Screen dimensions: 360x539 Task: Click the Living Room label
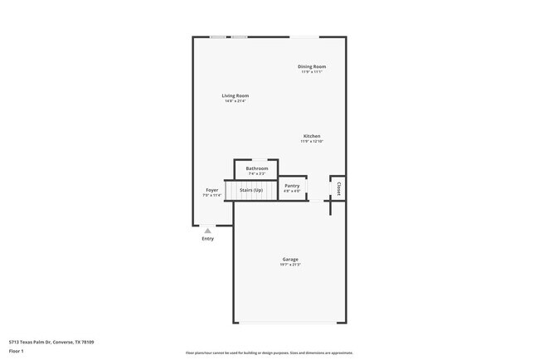click(236, 95)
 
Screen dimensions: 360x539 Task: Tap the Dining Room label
click(312, 66)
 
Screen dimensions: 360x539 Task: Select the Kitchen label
click(312, 136)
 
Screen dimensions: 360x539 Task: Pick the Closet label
click(338, 188)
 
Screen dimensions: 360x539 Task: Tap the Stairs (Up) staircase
click(251, 191)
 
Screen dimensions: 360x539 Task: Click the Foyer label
click(212, 190)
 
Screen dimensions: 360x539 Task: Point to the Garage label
click(289, 260)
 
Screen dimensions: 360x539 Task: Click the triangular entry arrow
click(207, 231)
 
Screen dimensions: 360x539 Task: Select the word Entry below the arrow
click(207, 239)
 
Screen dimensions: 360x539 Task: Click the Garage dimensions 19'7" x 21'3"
click(289, 265)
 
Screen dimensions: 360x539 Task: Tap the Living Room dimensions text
click(236, 101)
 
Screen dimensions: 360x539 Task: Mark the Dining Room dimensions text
click(312, 72)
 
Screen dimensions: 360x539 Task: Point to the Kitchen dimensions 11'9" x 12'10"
click(312, 142)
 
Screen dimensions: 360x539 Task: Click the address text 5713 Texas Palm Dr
click(51, 342)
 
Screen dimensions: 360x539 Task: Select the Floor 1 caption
click(17, 352)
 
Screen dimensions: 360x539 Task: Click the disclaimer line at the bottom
click(269, 353)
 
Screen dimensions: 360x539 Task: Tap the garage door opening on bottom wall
click(289, 323)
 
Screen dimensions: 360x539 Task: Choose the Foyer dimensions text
click(212, 196)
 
